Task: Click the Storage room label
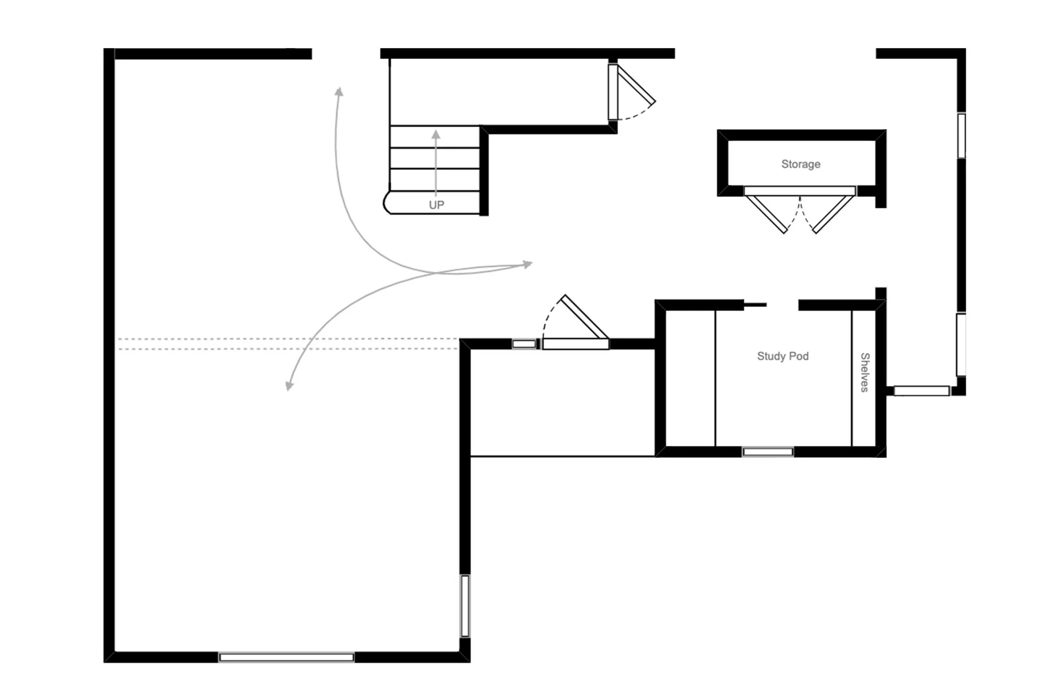801,164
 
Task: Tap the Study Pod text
783,356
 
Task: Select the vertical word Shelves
865,372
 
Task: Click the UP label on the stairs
436,205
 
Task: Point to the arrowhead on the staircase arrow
436,134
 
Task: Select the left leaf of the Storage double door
767,214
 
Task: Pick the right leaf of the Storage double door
834,214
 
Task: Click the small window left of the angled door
524,344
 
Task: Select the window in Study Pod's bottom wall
768,452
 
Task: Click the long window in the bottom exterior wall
286,657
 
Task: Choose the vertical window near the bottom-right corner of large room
465,606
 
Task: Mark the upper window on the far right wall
961,135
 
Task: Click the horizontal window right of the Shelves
921,391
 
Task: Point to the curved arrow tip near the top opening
340,92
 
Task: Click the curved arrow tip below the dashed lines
289,386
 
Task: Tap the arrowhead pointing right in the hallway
528,264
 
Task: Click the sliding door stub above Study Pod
755,305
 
